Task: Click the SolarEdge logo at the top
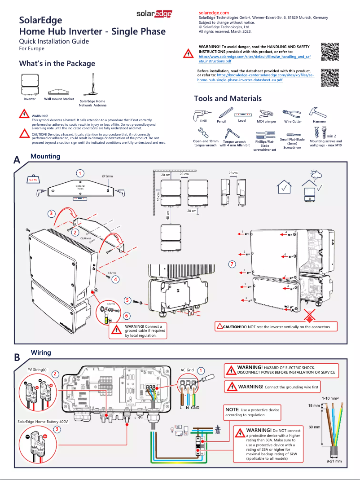tap(154, 14)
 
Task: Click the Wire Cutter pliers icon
tap(293, 112)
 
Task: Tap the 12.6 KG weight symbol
tap(33, 180)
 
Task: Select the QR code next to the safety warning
tap(329, 52)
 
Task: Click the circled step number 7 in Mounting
tap(232, 264)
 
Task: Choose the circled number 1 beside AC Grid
tap(201, 370)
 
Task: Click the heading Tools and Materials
tap(228, 98)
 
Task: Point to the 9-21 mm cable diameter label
tap(334, 461)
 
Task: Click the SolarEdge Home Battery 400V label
tap(43, 422)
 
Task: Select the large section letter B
tap(17, 358)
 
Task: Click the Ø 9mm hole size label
tap(108, 176)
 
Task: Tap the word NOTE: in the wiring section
tap(233, 410)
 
